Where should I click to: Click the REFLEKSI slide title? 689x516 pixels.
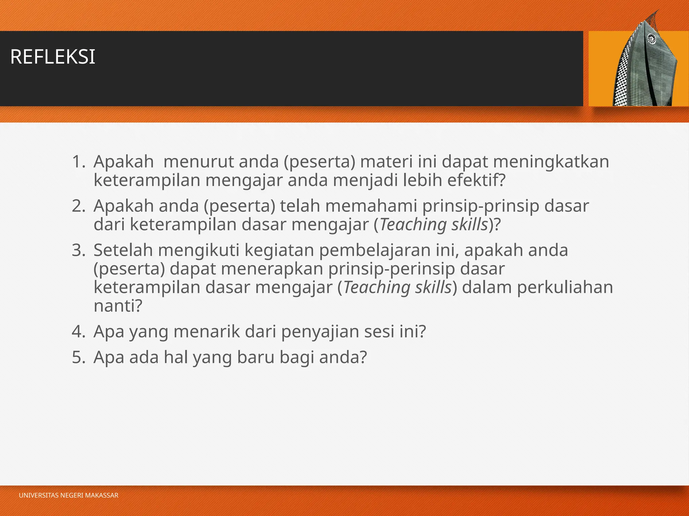pyautogui.click(x=53, y=57)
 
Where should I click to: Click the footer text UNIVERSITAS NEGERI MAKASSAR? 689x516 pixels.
pyautogui.click(x=69, y=496)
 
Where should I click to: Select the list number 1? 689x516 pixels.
pyautogui.click(x=78, y=162)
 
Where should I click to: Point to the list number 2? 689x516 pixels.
pyautogui.click(x=78, y=206)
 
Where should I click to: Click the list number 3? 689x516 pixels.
pyautogui.click(x=78, y=251)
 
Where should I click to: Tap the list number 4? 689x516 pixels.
pyautogui.click(x=78, y=332)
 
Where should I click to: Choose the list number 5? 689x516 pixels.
pyautogui.click(x=78, y=357)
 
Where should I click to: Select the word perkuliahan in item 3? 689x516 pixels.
pyautogui.click(x=565, y=288)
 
